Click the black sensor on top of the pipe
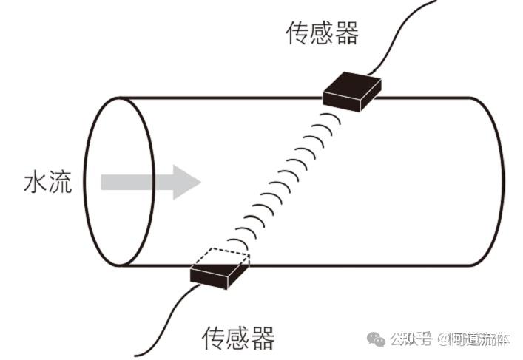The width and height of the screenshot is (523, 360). (x=352, y=92)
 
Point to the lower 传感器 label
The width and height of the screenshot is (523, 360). (x=238, y=339)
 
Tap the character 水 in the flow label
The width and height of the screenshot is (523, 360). (x=36, y=183)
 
